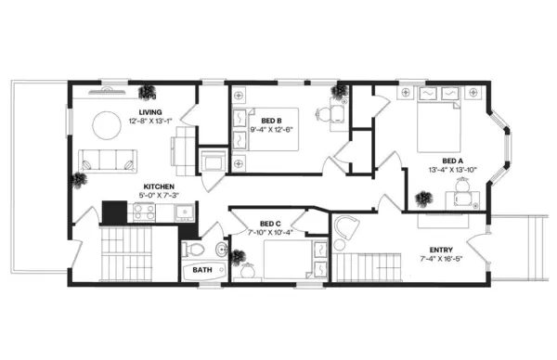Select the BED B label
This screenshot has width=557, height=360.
[x=271, y=121]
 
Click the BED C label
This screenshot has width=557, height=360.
[x=270, y=224]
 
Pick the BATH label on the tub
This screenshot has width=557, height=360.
[x=201, y=271]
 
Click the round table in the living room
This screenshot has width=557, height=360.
[x=102, y=127]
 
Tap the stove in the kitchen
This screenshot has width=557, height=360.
[x=142, y=212]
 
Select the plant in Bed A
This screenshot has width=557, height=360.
[x=425, y=198]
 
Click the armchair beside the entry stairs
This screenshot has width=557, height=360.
[x=347, y=228]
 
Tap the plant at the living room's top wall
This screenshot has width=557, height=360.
[x=148, y=90]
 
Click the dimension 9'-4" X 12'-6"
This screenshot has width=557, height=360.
[x=271, y=130]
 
